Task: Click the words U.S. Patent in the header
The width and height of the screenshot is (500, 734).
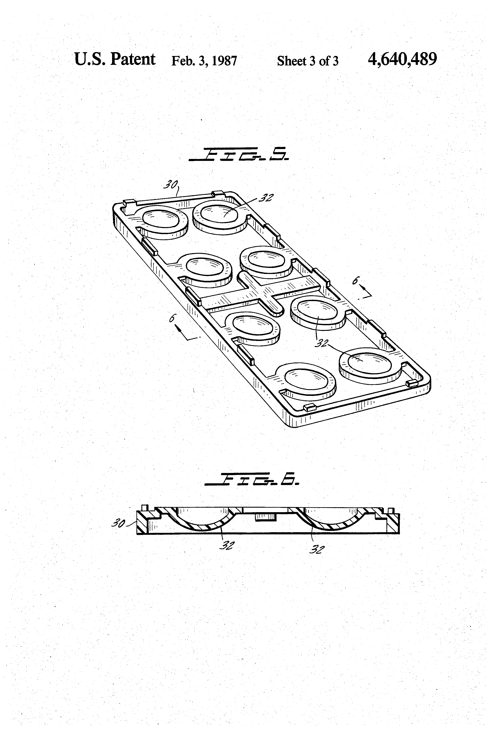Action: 115,59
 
